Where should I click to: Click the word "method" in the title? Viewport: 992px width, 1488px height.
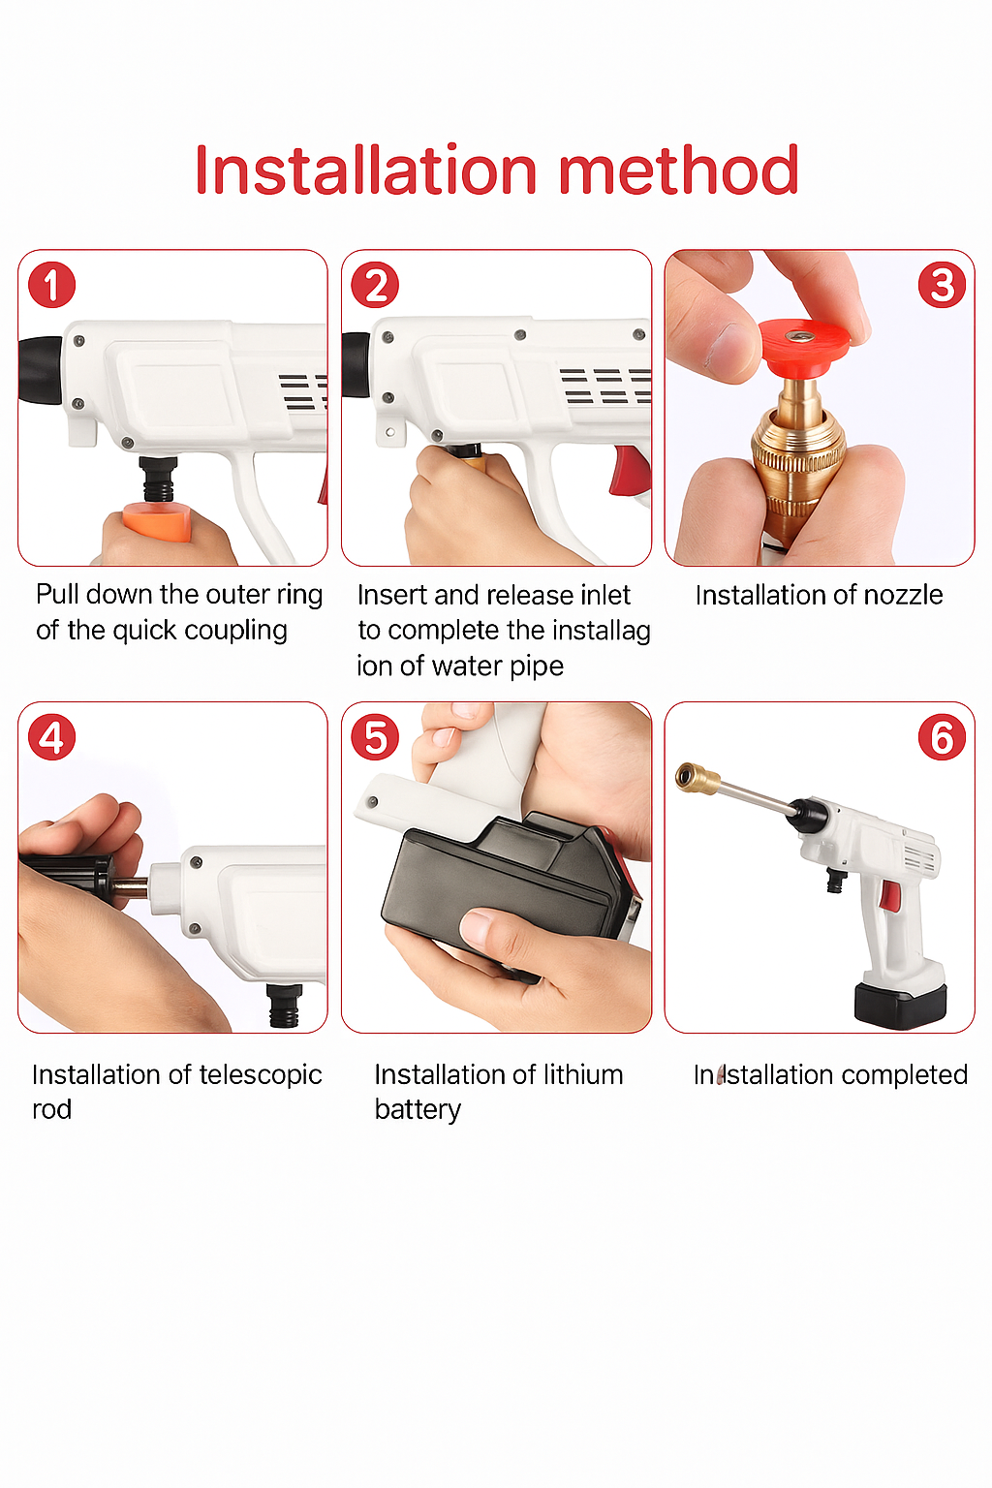click(x=678, y=170)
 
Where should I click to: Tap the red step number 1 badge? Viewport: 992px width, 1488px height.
click(x=51, y=286)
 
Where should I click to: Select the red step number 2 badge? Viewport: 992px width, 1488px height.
click(x=375, y=286)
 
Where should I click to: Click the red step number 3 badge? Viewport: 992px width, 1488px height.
click(x=942, y=286)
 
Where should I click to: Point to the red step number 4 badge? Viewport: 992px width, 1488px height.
click(x=51, y=738)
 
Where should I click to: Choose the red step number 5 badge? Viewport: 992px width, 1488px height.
click(x=375, y=738)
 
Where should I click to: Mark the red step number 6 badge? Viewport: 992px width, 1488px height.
click(x=942, y=738)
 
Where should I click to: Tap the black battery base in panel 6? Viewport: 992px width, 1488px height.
click(x=899, y=1005)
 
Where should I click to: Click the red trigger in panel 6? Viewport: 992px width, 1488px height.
click(x=888, y=897)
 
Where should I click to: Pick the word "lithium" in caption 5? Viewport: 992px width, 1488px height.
click(x=582, y=1075)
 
